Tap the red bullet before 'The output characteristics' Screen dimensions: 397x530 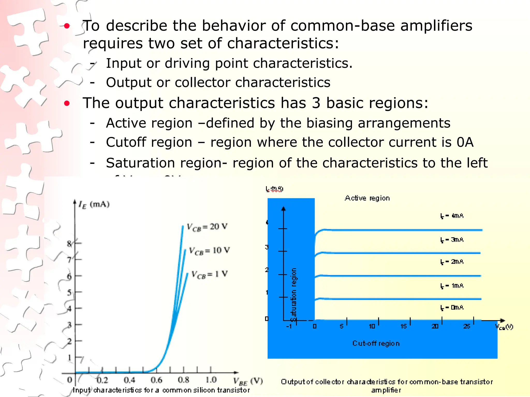67,104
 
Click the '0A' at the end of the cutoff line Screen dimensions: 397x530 465,142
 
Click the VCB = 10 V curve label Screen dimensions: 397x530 209,251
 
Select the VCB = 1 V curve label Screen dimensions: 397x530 209,274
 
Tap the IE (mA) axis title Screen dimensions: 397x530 94,205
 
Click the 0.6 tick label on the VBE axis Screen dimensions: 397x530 156,380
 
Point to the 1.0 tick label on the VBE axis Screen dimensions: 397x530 211,380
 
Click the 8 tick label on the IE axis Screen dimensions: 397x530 69,243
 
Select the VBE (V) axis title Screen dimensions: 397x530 248,381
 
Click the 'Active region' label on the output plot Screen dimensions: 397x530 367,198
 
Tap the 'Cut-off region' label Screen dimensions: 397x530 376,343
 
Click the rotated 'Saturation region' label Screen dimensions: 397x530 293,295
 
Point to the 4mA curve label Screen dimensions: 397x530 452,216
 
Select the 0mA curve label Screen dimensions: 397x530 452,308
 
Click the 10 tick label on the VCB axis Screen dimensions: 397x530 372,326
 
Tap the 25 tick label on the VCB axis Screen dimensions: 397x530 467,326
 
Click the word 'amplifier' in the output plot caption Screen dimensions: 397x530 386,390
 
